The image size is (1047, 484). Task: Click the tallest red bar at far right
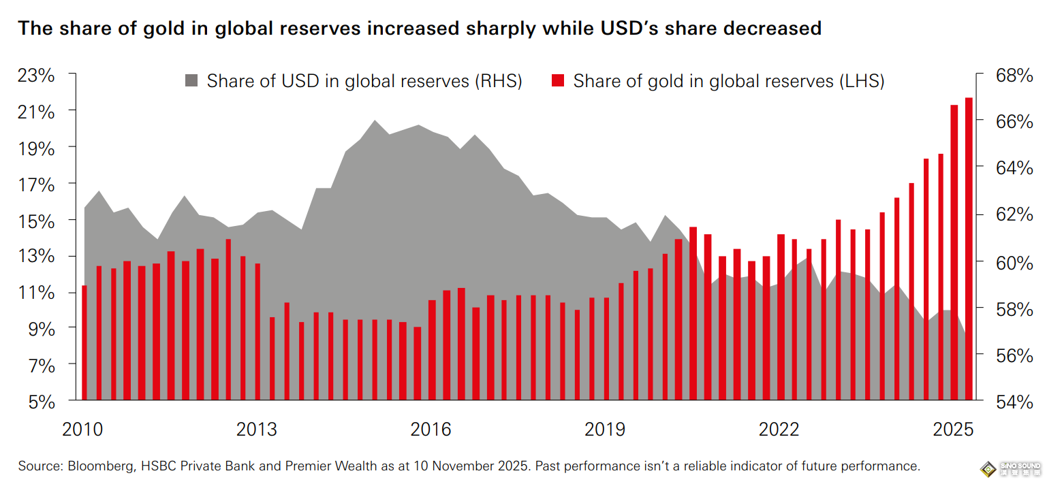pyautogui.click(x=969, y=248)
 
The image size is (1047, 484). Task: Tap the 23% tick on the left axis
pyautogui.click(x=36, y=75)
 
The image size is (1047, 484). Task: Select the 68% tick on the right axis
pyautogui.click(x=1015, y=75)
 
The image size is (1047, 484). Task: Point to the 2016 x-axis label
pyautogui.click(x=431, y=430)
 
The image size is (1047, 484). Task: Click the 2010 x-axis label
pyautogui.click(x=82, y=430)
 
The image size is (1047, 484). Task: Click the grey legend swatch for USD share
pyautogui.click(x=191, y=82)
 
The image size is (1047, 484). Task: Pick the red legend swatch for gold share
pyautogui.click(x=557, y=82)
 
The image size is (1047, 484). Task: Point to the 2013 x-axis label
pyautogui.click(x=257, y=430)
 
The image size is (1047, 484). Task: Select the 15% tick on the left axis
pyautogui.click(x=36, y=221)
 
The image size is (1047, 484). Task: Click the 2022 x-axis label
pyautogui.click(x=779, y=430)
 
